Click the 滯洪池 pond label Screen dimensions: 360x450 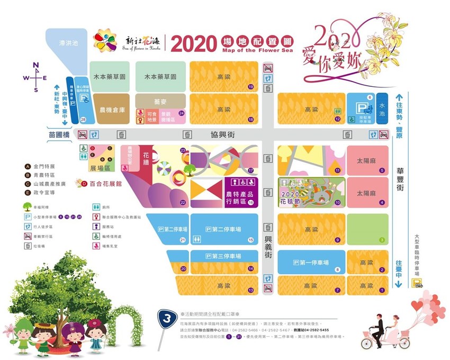click(x=68, y=43)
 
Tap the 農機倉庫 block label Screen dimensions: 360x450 click(x=112, y=110)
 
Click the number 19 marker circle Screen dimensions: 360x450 click(x=250, y=87)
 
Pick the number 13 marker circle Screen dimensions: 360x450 click(x=250, y=291)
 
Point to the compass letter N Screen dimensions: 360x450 click(x=36, y=65)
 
